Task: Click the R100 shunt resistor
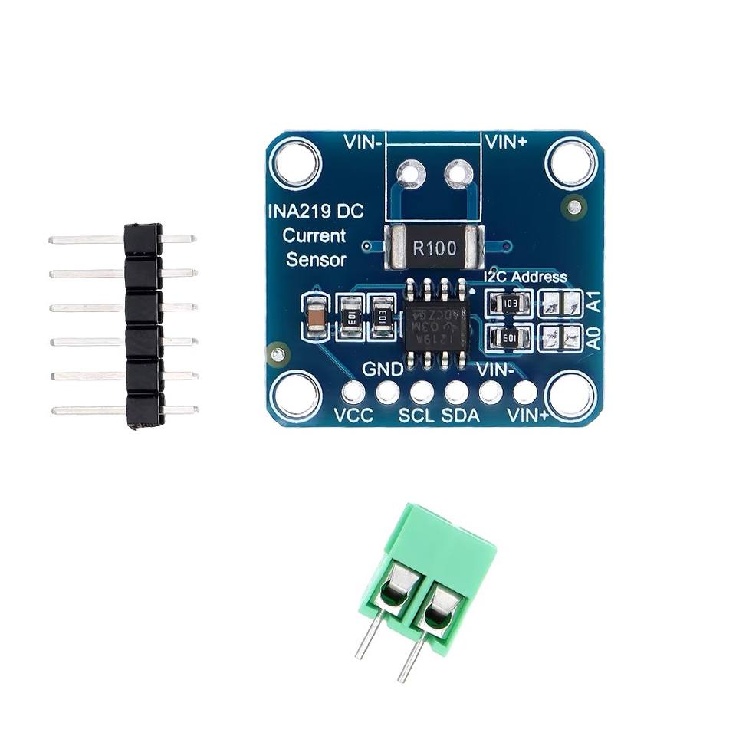(434, 248)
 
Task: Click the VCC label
(354, 416)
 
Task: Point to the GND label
(383, 370)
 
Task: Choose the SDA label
(462, 416)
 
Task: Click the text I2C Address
(526, 277)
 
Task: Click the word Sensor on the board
(316, 260)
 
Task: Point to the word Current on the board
(314, 235)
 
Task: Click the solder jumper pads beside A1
(560, 304)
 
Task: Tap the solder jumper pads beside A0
(560, 337)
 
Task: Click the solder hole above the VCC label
(353, 393)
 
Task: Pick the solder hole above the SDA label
(457, 393)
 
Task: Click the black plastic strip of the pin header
(143, 325)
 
